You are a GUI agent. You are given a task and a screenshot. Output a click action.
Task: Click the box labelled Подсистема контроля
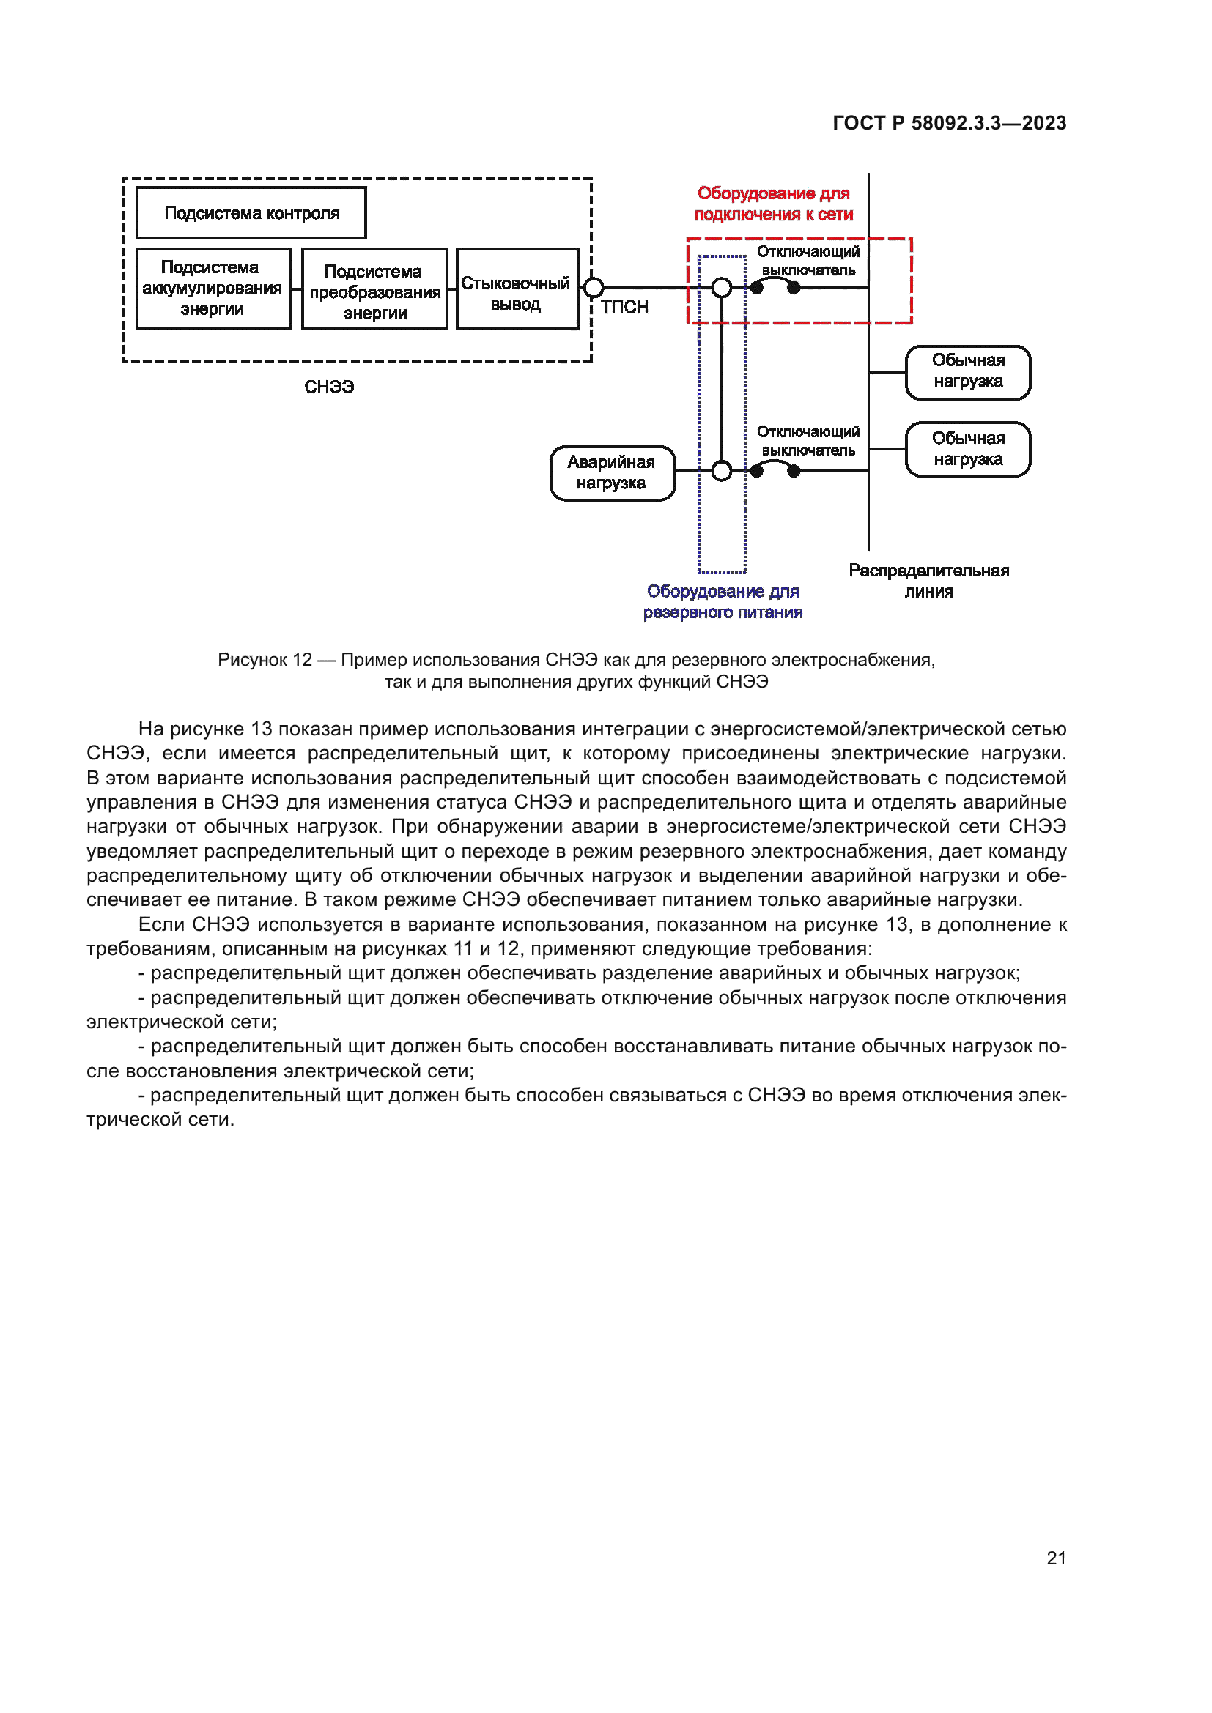click(251, 213)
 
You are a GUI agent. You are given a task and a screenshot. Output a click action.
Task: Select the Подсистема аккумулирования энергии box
click(213, 289)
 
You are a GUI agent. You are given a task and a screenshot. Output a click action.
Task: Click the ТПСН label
click(624, 308)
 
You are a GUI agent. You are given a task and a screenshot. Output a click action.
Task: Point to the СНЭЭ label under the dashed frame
click(329, 387)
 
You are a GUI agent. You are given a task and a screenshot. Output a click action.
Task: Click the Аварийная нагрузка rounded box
click(612, 473)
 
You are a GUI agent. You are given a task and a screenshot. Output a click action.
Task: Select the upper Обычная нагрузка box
click(968, 371)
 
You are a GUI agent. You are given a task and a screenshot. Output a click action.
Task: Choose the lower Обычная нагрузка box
click(968, 449)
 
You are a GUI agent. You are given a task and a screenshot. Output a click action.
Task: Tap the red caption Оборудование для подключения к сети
click(773, 204)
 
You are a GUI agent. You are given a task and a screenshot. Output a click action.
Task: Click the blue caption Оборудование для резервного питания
click(723, 602)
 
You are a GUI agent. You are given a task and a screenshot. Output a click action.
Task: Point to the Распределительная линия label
click(928, 581)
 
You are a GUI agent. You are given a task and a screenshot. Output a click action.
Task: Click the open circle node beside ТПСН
click(594, 287)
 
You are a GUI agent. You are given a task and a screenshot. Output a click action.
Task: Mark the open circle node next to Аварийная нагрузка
click(722, 471)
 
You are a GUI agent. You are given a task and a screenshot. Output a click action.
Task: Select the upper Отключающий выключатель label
click(808, 261)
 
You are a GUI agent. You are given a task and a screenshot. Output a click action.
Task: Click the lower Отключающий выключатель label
click(808, 441)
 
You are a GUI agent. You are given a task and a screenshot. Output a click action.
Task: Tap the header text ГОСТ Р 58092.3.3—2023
click(949, 123)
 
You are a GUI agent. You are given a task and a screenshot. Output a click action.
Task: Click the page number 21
click(1056, 1558)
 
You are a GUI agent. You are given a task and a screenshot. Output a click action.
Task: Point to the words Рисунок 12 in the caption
click(265, 660)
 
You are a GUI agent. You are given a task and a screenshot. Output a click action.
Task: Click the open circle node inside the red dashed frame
click(722, 287)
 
